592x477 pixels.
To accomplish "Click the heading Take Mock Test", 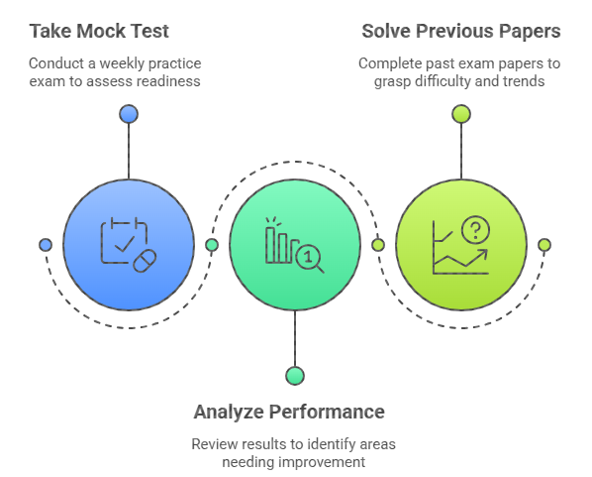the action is (x=99, y=31).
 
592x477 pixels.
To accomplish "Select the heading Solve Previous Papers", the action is (x=461, y=31).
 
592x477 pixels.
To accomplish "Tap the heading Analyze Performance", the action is (x=289, y=412).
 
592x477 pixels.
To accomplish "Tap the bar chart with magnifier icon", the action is (x=294, y=245).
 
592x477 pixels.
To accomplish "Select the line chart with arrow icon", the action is (x=461, y=245).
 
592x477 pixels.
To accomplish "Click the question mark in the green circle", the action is (x=476, y=230).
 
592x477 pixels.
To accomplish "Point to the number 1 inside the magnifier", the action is (x=308, y=257).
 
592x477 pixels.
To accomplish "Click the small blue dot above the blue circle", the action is (x=129, y=114).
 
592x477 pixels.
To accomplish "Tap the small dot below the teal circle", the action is (x=295, y=376).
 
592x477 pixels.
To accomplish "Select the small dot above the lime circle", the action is (x=461, y=114).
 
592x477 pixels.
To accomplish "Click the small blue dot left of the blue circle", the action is (x=46, y=245).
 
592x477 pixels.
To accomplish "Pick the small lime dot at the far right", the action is (x=544, y=245).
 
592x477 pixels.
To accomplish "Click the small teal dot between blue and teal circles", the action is (x=212, y=245).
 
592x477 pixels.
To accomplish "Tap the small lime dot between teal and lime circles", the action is (x=378, y=245).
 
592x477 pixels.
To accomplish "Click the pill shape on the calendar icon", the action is (x=145, y=261).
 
